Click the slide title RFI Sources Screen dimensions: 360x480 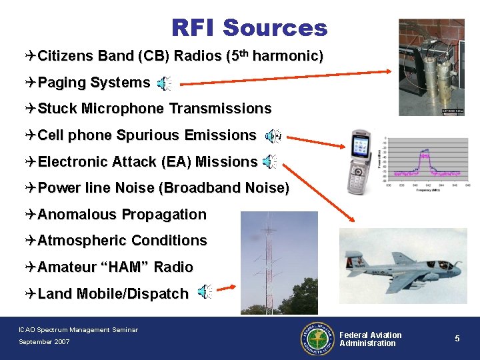[249, 28]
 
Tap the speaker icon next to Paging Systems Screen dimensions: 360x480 [163, 83]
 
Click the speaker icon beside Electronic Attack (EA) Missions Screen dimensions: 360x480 [269, 162]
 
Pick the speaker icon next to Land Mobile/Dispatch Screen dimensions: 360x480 [205, 291]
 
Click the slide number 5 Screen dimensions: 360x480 [457, 339]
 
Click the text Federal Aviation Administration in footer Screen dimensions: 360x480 [371, 339]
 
